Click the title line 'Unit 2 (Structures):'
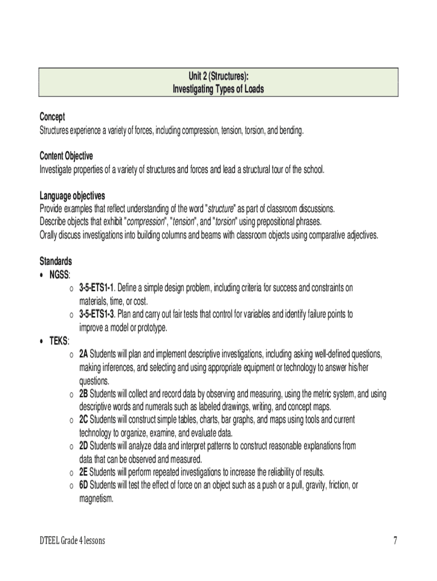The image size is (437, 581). (218, 77)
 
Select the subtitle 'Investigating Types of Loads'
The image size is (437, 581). (218, 90)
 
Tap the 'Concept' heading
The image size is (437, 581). (52, 117)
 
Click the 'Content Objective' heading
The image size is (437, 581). (66, 156)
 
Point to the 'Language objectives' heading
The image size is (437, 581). (72, 196)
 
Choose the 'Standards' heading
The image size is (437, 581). (56, 262)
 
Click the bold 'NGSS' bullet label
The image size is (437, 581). (59, 275)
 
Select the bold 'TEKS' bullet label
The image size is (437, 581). (58, 341)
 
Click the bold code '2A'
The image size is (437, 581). (84, 354)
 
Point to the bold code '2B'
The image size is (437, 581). (84, 394)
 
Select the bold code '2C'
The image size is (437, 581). (84, 420)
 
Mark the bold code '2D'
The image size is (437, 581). (84, 446)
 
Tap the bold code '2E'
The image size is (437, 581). (84, 472)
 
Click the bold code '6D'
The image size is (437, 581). (84, 485)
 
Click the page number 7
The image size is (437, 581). (395, 541)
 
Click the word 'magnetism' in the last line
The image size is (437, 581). (96, 499)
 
